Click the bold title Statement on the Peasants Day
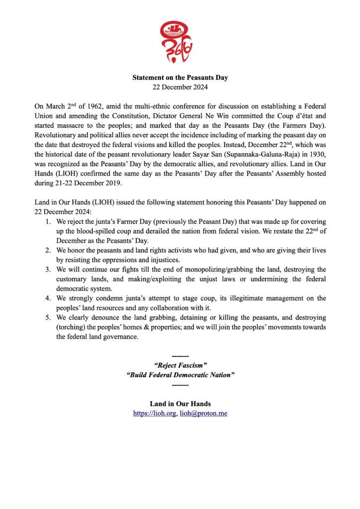click(x=180, y=78)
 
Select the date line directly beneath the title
click(x=180, y=87)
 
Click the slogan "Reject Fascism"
click(x=180, y=366)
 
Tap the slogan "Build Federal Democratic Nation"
click(x=180, y=375)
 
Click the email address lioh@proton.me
click(x=203, y=413)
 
